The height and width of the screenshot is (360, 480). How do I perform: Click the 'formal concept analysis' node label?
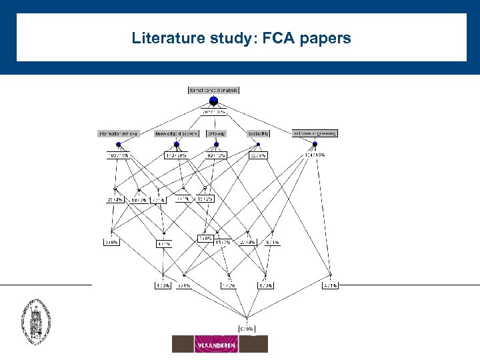tap(213, 89)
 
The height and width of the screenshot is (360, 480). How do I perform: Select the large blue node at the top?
tap(213, 101)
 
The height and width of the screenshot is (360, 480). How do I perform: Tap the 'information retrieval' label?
tap(118, 133)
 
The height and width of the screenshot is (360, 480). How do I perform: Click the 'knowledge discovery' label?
tap(177, 133)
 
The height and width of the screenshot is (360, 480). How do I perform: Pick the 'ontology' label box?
tap(216, 133)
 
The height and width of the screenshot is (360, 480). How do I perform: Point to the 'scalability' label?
tap(259, 133)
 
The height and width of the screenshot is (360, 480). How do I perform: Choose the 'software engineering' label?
tap(315, 133)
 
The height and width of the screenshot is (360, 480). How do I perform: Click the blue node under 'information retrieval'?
tap(118, 145)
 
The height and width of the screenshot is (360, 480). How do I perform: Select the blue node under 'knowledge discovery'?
tap(177, 145)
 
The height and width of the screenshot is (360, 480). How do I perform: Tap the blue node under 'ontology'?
tap(216, 145)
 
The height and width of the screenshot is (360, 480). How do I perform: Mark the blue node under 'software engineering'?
tap(315, 145)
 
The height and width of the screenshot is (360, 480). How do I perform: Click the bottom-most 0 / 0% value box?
tap(247, 328)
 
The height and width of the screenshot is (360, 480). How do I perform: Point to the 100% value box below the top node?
tap(213, 113)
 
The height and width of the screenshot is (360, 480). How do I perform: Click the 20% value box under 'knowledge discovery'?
tap(176, 155)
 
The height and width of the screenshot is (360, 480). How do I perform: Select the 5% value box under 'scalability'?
tap(258, 155)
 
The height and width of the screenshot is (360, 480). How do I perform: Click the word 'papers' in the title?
tap(327, 38)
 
